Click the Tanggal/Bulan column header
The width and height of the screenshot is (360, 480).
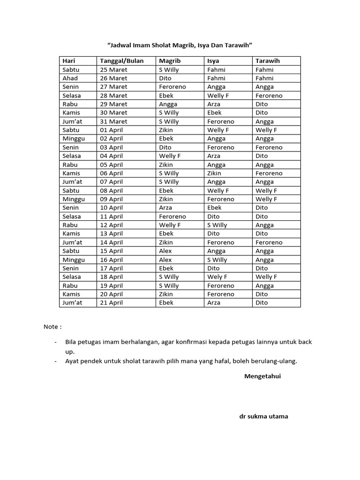tap(122, 61)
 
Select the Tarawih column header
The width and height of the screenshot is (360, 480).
tap(268, 61)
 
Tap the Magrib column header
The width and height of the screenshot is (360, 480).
tap(170, 61)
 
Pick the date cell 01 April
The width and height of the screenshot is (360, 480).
tap(112, 130)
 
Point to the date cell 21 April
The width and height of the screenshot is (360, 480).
tap(112, 303)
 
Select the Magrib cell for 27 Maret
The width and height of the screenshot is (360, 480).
tap(172, 87)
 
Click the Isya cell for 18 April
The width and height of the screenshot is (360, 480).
tap(217, 277)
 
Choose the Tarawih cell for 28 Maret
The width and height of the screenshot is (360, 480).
tap(269, 96)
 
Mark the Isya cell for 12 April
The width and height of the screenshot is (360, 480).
tap(217, 225)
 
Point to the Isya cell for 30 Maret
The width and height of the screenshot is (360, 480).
tap(215, 112)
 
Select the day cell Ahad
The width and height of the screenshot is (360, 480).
tap(70, 78)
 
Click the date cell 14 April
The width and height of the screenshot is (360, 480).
tap(112, 242)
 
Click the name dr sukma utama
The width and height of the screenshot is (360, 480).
tap(263, 416)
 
